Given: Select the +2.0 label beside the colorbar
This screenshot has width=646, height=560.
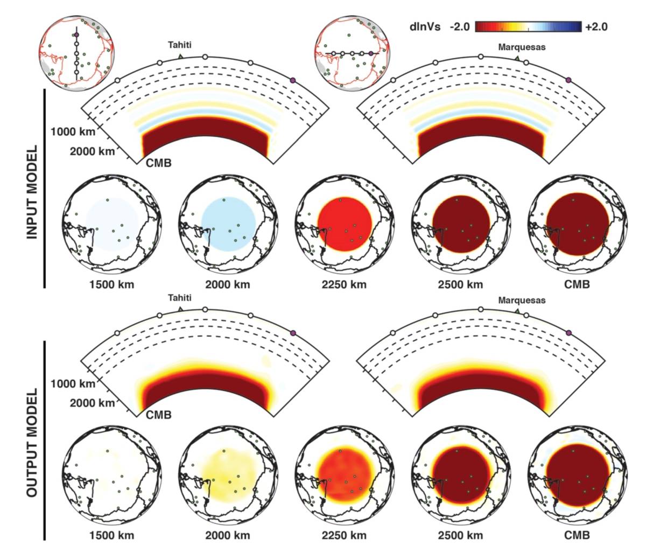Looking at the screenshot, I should tap(595, 26).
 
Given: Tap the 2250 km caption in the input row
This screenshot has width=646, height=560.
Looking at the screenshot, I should tap(345, 284).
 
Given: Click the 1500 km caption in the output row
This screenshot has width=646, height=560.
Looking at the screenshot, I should tap(112, 535).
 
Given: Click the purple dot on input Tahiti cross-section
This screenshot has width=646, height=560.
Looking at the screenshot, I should tap(293, 80).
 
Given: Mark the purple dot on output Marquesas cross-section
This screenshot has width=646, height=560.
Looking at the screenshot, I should tap(568, 332).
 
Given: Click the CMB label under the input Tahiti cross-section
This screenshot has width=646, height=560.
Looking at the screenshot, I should tap(159, 162).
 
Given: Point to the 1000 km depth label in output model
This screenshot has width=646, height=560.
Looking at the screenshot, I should tap(73, 384).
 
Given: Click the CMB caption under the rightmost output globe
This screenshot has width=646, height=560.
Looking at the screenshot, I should tap(578, 535).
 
